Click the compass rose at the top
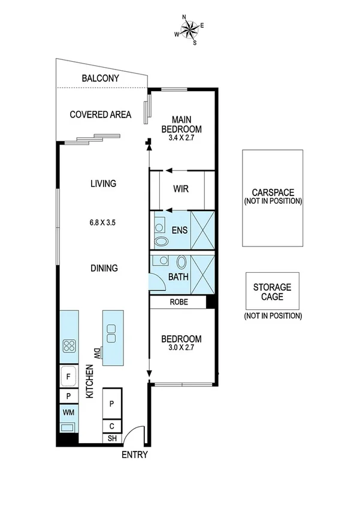click(189, 29)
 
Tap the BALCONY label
click(101, 79)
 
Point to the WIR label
click(181, 189)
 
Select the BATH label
click(179, 278)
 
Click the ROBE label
click(179, 302)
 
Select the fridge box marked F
click(69, 377)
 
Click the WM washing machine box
click(68, 413)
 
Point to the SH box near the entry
click(112, 438)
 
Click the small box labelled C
click(112, 426)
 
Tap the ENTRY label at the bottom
click(135, 455)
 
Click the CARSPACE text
click(273, 192)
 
